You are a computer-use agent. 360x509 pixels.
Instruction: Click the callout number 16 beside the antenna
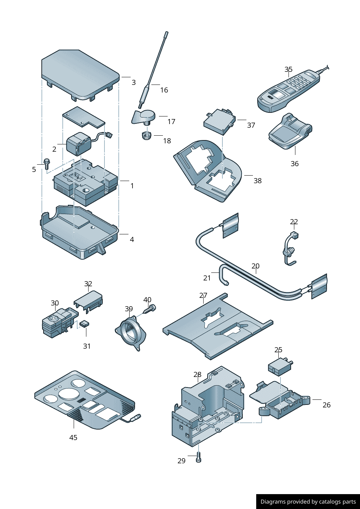(x=164, y=90)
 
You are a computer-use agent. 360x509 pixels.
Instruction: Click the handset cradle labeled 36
(x=290, y=132)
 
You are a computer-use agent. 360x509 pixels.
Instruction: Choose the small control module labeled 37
(x=220, y=122)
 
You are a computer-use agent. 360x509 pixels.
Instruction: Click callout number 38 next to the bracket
(x=258, y=181)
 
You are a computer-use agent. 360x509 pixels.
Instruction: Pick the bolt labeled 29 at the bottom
(x=198, y=457)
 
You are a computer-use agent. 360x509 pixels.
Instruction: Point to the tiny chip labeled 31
(x=85, y=323)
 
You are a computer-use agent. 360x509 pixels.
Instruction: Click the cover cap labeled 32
(x=89, y=300)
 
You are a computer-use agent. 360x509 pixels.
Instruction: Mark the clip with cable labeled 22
(x=290, y=248)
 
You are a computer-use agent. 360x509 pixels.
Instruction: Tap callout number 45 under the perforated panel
(x=73, y=438)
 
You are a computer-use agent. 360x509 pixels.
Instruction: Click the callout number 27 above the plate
(x=203, y=296)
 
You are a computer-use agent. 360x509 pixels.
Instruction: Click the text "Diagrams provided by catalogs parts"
(x=308, y=502)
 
